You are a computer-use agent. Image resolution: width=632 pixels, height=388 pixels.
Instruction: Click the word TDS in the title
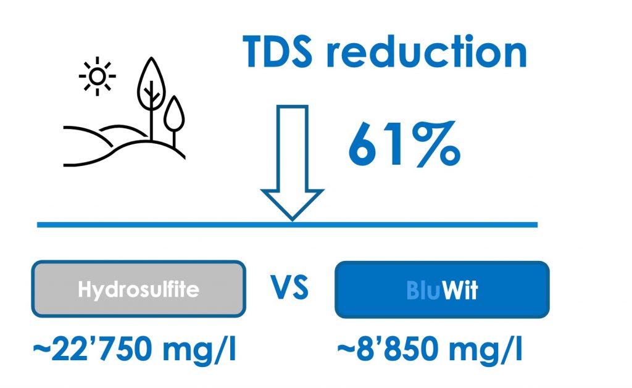pos(277,51)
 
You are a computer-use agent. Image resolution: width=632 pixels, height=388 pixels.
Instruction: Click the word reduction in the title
pos(426,51)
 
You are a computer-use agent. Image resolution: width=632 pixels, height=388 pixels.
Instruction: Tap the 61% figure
pos(404,144)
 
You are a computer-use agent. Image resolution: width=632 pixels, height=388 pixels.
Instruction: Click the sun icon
pos(97,76)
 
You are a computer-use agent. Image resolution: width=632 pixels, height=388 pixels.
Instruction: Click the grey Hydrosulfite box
pos(139,289)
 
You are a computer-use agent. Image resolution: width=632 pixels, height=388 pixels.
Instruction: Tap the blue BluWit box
pos(442,290)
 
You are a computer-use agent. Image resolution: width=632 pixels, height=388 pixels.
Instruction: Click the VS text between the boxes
pos(290,287)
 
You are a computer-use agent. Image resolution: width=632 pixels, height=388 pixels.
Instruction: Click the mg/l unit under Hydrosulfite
pos(199,349)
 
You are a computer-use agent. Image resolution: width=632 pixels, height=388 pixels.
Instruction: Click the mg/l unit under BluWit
pos(485,349)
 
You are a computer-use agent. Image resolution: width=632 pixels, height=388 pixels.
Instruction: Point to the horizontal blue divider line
pos(288,225)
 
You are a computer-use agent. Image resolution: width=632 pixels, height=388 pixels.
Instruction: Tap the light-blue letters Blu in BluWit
pos(423,290)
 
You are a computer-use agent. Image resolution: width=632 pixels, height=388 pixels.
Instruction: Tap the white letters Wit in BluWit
pos(460,290)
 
